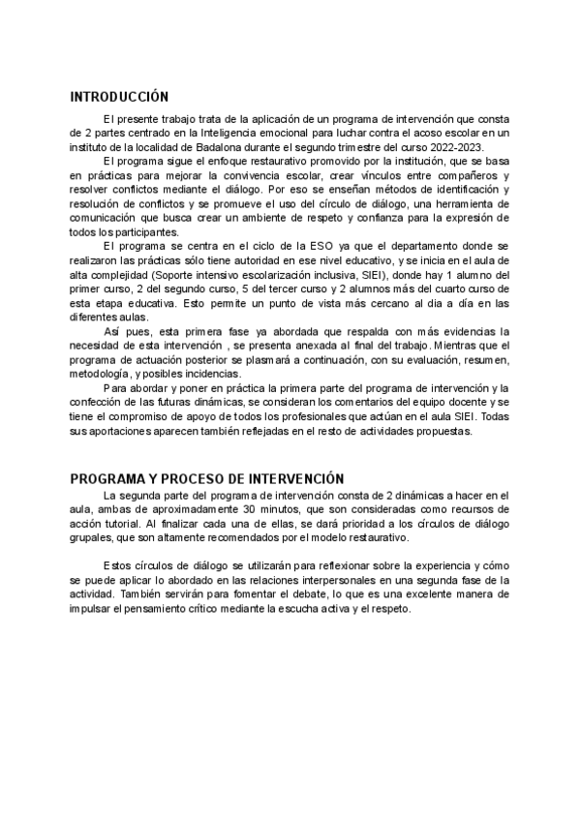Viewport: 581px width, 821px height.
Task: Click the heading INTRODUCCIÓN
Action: tap(119, 97)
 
